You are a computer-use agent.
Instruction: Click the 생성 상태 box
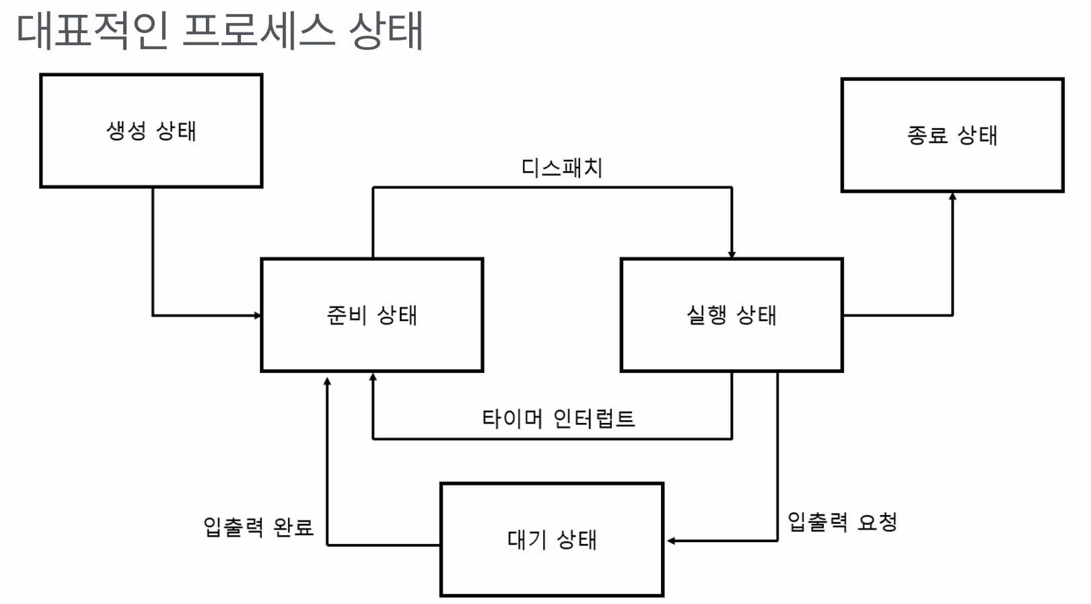click(151, 131)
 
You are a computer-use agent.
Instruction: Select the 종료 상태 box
click(952, 135)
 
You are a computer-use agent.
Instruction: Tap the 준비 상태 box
click(372, 314)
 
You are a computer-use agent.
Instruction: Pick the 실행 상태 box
click(731, 314)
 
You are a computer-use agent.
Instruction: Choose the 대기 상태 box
click(551, 539)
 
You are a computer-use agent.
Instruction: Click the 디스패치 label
click(562, 168)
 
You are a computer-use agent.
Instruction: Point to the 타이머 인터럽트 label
click(558, 419)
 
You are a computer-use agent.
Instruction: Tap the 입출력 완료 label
click(258, 527)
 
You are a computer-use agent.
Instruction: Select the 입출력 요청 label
click(842, 522)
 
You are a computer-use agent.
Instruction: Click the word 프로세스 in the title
click(258, 31)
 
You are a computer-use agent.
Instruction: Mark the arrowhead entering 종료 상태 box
click(952, 196)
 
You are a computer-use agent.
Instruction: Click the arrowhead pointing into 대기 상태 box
click(671, 541)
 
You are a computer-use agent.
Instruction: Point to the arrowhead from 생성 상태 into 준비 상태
click(257, 315)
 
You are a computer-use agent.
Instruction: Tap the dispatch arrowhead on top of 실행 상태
click(732, 255)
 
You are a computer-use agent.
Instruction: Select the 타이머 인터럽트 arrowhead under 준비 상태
click(373, 377)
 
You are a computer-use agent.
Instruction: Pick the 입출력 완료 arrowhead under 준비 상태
click(327, 381)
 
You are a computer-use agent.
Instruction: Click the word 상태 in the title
click(386, 31)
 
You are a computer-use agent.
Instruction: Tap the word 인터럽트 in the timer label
click(594, 419)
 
